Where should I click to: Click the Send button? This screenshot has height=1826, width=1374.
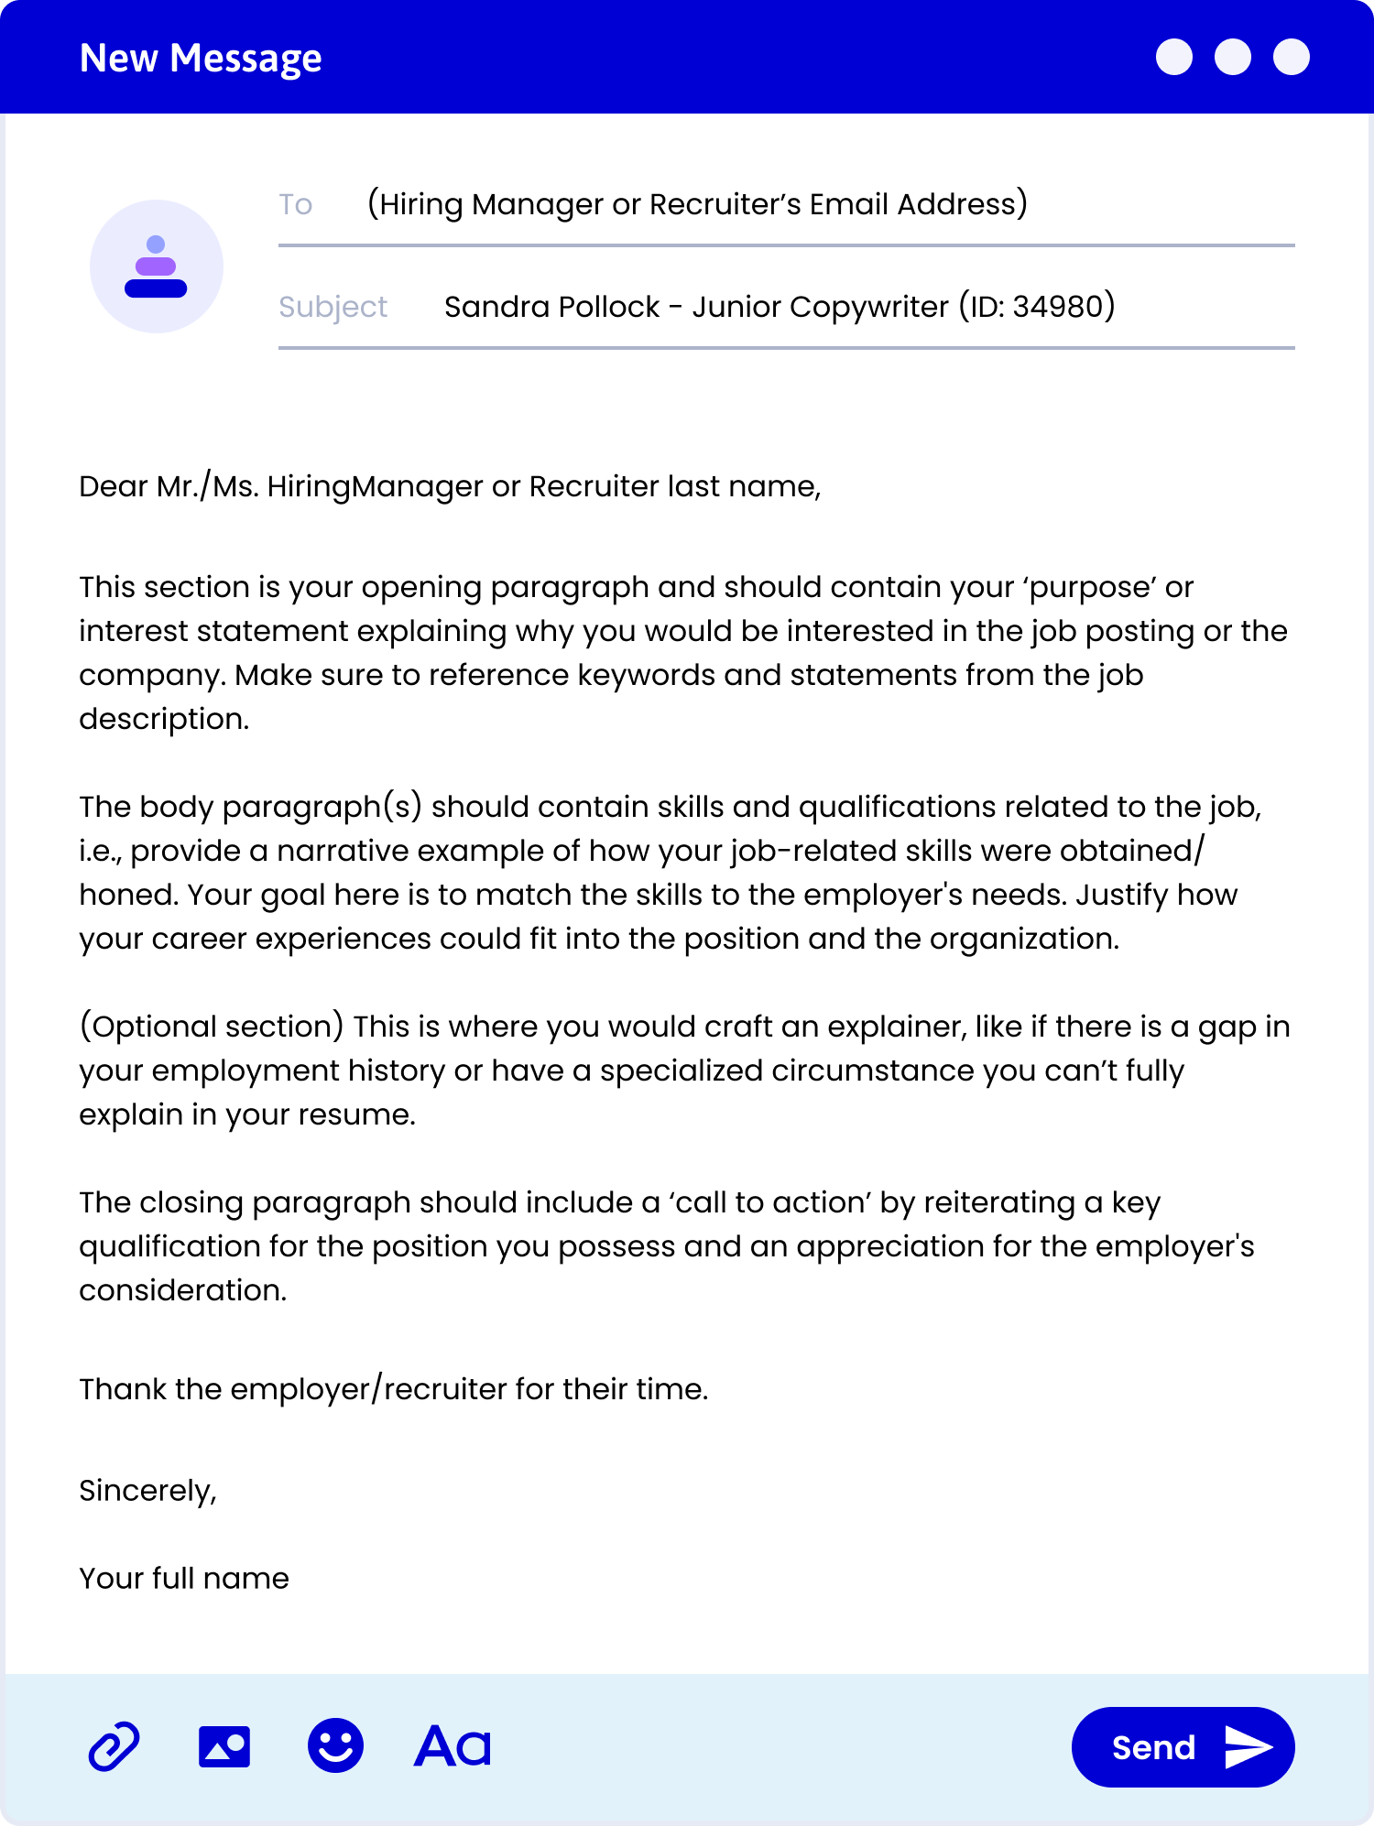click(x=1182, y=1747)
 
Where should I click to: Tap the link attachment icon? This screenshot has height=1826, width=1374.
click(x=114, y=1747)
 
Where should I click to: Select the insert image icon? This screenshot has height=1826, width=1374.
click(x=224, y=1747)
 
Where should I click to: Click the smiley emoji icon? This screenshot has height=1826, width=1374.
click(x=335, y=1745)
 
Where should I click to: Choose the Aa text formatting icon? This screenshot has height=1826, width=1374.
click(x=453, y=1746)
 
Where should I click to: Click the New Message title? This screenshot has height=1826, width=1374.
click(x=201, y=59)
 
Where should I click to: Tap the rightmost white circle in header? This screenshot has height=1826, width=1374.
click(x=1292, y=57)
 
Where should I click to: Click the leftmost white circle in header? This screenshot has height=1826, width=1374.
click(x=1174, y=57)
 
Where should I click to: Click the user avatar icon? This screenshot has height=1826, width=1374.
click(x=157, y=266)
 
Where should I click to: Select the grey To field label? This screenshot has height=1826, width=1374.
click(x=296, y=204)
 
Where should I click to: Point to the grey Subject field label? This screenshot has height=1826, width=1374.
click(x=333, y=307)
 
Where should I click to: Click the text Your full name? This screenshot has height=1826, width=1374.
click(x=184, y=1579)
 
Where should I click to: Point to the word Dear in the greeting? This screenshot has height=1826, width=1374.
click(x=114, y=486)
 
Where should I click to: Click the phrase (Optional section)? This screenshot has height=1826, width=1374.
click(x=212, y=1027)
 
